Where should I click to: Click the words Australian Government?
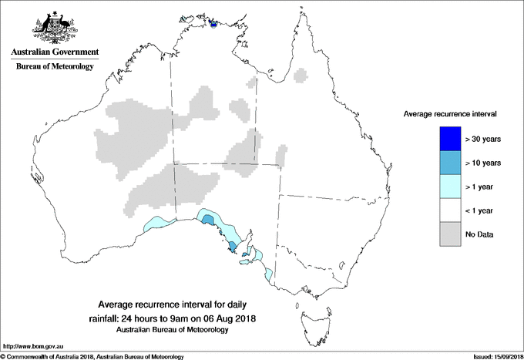click(x=55, y=52)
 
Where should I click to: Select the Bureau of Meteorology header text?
click(x=55, y=67)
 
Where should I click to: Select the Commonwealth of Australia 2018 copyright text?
click(x=92, y=356)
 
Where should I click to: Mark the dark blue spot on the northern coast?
click(x=213, y=22)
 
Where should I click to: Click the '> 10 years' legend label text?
click(x=483, y=163)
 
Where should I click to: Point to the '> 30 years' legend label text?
click(x=483, y=140)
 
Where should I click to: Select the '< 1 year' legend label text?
click(x=481, y=210)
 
